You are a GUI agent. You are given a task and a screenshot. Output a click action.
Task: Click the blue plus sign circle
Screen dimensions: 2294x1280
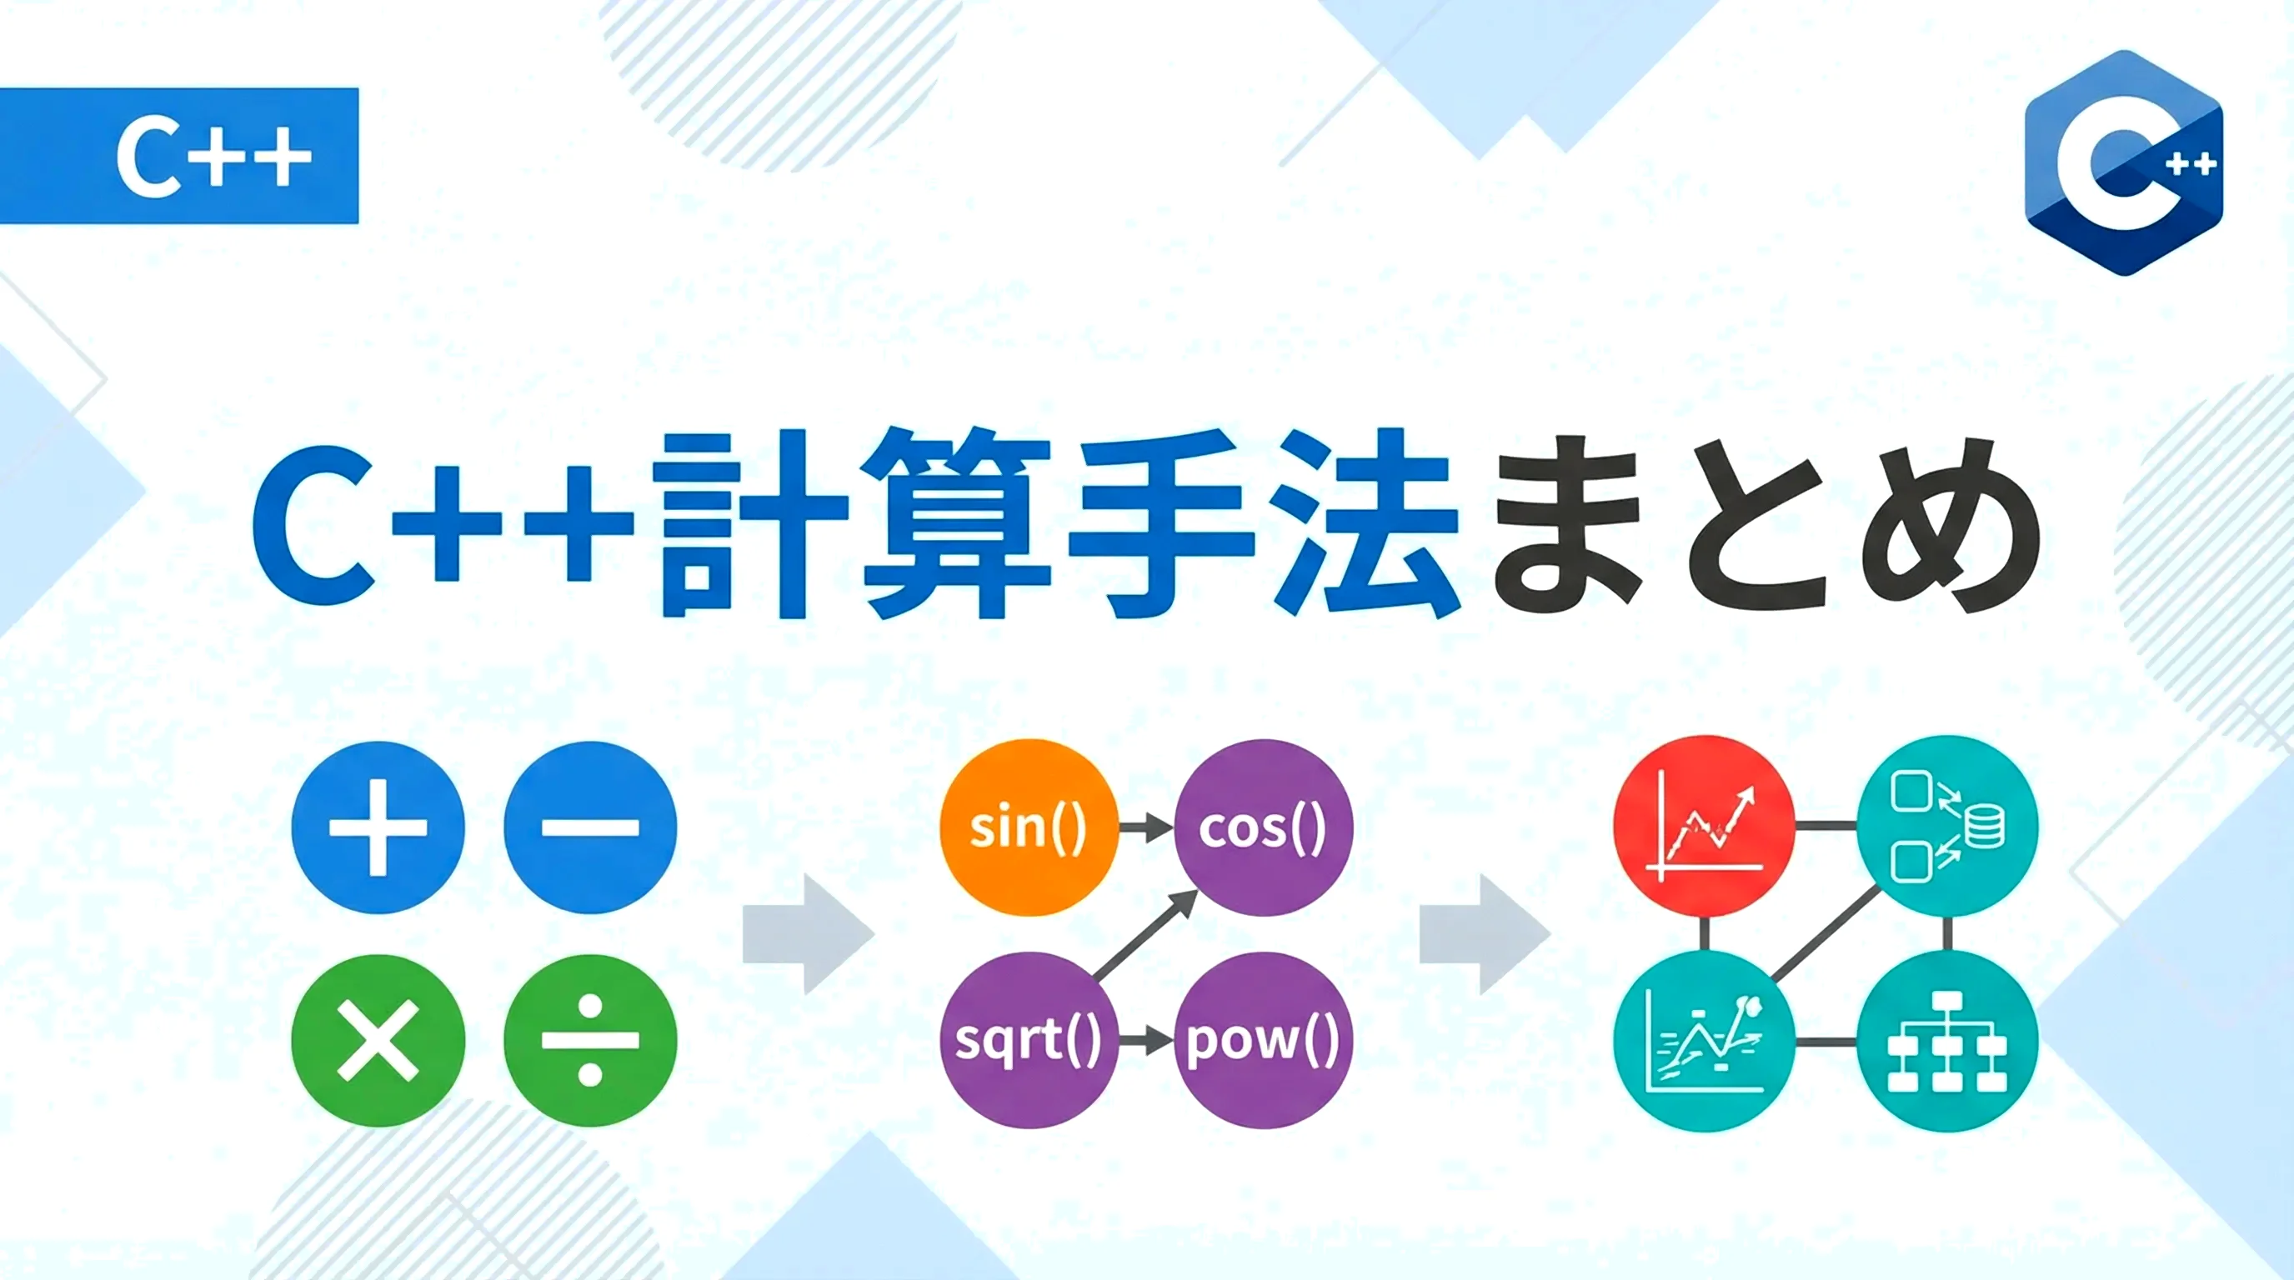378,827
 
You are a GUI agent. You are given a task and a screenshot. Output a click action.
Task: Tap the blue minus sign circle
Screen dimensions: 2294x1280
590,827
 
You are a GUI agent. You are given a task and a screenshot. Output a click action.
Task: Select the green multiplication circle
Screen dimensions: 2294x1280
378,1041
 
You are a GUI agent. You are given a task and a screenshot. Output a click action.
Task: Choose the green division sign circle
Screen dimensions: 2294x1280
590,1041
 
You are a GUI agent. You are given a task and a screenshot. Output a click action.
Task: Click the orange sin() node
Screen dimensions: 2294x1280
1029,827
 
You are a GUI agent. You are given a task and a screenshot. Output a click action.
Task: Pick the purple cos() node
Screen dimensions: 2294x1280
1264,827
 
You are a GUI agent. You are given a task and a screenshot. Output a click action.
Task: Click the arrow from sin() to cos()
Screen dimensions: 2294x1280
1146,827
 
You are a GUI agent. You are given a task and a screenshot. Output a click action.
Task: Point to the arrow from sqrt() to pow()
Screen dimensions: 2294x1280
1146,1040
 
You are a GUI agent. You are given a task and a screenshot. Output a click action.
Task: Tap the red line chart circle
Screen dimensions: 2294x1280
1704,826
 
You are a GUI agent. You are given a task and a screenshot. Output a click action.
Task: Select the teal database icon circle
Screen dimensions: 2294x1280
1947,826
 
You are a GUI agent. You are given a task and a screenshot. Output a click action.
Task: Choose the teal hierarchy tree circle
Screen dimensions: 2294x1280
1947,1041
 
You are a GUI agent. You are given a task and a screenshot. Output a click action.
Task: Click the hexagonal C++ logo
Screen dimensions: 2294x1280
2124,162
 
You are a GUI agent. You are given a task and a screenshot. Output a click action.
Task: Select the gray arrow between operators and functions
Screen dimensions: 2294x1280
809,933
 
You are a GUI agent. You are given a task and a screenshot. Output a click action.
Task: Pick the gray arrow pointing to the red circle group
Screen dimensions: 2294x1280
1485,933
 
